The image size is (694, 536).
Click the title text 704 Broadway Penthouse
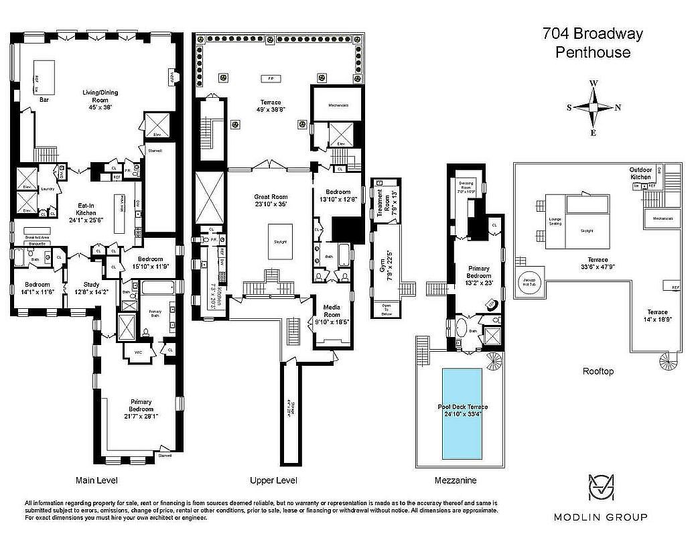coord(593,43)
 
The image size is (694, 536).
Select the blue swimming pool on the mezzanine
coord(462,413)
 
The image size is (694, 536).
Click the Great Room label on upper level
coord(270,200)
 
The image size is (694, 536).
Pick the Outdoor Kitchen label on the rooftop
coord(640,173)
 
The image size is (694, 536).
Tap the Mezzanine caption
coord(456,480)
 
